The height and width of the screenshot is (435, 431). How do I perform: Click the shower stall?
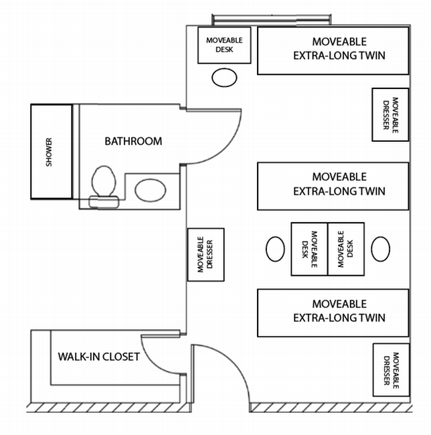[x=50, y=151]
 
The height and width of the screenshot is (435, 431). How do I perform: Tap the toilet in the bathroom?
[x=104, y=184]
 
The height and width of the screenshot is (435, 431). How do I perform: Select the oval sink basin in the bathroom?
[x=151, y=190]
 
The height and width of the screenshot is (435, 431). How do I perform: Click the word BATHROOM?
[x=133, y=141]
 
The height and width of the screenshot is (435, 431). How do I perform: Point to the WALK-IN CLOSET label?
[x=99, y=357]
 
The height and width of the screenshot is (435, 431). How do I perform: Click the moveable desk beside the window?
[x=224, y=45]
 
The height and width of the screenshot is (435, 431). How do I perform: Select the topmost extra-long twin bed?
[x=333, y=50]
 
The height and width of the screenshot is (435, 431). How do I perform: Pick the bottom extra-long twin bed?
[x=333, y=312]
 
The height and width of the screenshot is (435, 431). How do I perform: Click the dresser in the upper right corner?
[x=390, y=114]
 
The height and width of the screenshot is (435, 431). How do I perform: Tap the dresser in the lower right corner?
[x=390, y=369]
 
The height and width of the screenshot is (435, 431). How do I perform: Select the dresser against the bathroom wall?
[x=205, y=254]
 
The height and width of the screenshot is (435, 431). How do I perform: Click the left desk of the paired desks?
[x=309, y=249]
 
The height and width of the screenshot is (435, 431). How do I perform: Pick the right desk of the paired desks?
[x=346, y=249]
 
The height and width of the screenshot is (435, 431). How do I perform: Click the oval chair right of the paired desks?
[x=379, y=249]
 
